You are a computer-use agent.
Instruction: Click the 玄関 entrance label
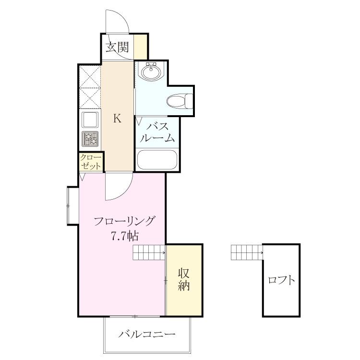(x=117, y=48)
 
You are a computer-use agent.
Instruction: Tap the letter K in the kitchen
(x=117, y=119)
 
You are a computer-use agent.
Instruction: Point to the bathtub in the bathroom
(x=157, y=160)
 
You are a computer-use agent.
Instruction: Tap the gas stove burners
(x=90, y=139)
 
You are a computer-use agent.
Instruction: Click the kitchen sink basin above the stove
(x=90, y=120)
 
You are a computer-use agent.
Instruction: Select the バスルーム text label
(x=157, y=132)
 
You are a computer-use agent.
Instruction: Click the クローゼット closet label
(x=91, y=162)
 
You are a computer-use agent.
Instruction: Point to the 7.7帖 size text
(x=125, y=236)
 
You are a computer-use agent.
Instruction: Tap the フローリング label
(x=124, y=221)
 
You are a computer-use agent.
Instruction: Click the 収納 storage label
(x=184, y=279)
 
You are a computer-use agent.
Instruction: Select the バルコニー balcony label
(x=147, y=334)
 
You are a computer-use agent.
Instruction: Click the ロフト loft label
(x=281, y=280)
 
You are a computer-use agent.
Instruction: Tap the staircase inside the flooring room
(x=149, y=252)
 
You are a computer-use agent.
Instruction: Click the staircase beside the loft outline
(x=247, y=252)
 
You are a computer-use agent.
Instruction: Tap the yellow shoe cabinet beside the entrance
(x=141, y=47)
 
